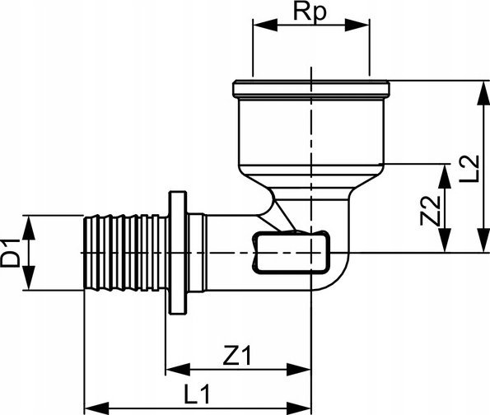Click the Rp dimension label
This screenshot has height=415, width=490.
pos(310,12)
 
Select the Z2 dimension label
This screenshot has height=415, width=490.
pos(431,211)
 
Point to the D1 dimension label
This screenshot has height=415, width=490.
pos(11,253)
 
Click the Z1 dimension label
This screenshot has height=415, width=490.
pos(237,355)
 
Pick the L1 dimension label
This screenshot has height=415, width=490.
pos(197,394)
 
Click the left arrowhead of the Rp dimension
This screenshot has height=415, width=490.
pos(265,25)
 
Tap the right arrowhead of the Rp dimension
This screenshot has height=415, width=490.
pos(357,25)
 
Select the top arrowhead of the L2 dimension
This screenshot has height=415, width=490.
pos(483,93)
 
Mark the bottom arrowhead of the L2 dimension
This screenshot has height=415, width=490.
pos(483,240)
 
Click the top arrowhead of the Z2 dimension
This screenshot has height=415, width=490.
pos(445,176)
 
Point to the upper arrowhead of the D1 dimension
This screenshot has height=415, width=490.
pos(29,227)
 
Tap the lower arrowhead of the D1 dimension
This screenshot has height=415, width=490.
pos(29,277)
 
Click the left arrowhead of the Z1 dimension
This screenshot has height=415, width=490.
pos(178,370)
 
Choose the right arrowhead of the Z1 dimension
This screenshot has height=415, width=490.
pos(299,370)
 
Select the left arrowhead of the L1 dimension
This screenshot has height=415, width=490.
pos(97,408)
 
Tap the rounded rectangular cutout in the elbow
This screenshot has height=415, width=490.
pos(291,253)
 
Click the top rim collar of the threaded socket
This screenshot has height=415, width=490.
pos(311,88)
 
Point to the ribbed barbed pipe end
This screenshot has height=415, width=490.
pos(126,253)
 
